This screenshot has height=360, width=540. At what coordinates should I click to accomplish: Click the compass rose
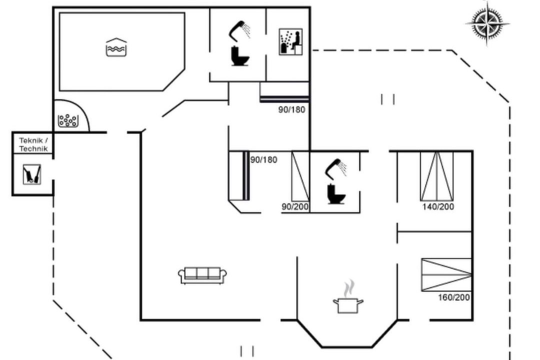(x=487, y=23)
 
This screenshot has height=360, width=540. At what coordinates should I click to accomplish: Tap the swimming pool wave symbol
(x=116, y=47)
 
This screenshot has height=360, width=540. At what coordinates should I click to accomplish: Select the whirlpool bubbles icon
(x=68, y=120)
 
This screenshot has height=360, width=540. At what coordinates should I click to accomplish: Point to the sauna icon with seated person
(x=290, y=41)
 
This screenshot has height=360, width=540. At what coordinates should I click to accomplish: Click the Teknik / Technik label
(x=33, y=144)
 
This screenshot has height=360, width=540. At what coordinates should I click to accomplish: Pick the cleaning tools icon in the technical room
(x=32, y=174)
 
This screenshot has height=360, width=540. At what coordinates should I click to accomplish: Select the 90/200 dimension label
(x=295, y=206)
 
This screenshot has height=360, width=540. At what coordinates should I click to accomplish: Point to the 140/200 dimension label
(x=438, y=206)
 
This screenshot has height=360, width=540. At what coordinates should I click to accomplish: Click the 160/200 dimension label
(x=454, y=297)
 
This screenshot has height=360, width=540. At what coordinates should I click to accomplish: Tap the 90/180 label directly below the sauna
(x=291, y=109)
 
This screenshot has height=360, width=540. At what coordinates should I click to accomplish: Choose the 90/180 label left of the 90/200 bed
(x=264, y=160)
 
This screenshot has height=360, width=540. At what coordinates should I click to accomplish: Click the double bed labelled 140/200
(x=436, y=176)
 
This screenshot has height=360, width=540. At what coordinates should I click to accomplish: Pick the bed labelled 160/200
(x=446, y=274)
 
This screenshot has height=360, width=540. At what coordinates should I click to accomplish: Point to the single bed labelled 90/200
(x=300, y=176)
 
